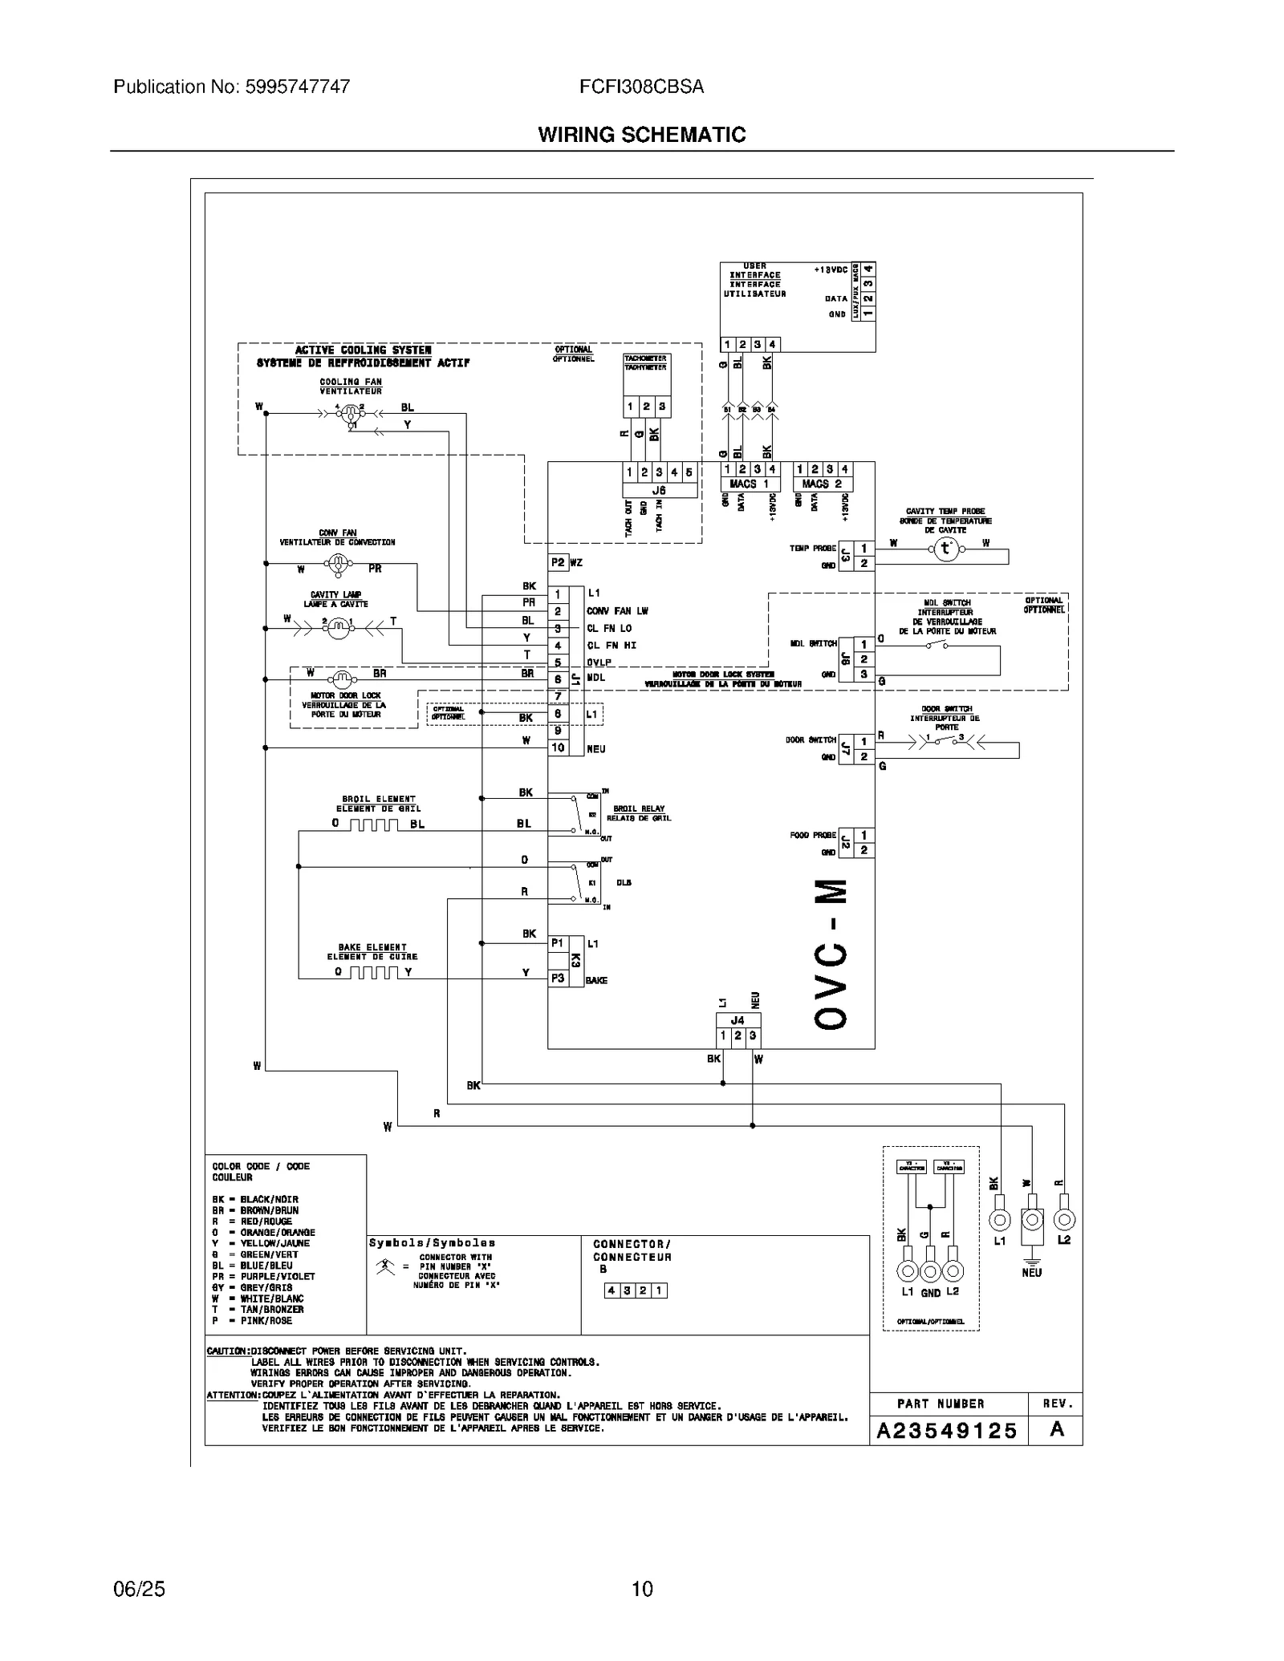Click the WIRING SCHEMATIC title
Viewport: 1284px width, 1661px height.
(x=641, y=135)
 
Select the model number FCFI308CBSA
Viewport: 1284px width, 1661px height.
(x=641, y=87)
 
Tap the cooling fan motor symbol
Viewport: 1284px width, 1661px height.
(x=350, y=414)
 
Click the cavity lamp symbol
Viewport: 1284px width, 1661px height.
(x=338, y=630)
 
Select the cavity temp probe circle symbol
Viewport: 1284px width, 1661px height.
(x=945, y=549)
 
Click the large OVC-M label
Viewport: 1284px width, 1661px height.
(x=830, y=954)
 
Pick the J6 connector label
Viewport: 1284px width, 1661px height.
(x=659, y=490)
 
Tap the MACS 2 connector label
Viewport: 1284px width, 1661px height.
(x=822, y=484)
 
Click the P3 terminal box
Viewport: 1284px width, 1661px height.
(x=558, y=978)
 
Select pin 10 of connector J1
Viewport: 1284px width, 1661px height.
(x=558, y=747)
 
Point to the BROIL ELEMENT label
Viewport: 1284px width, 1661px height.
(x=378, y=799)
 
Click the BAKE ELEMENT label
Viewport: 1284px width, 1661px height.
(x=372, y=947)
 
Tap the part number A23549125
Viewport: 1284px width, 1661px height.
(x=947, y=1431)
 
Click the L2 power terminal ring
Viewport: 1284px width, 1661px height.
(x=1064, y=1220)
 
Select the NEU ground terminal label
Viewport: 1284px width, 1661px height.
(x=1031, y=1272)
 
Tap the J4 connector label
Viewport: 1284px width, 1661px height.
(x=737, y=1020)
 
